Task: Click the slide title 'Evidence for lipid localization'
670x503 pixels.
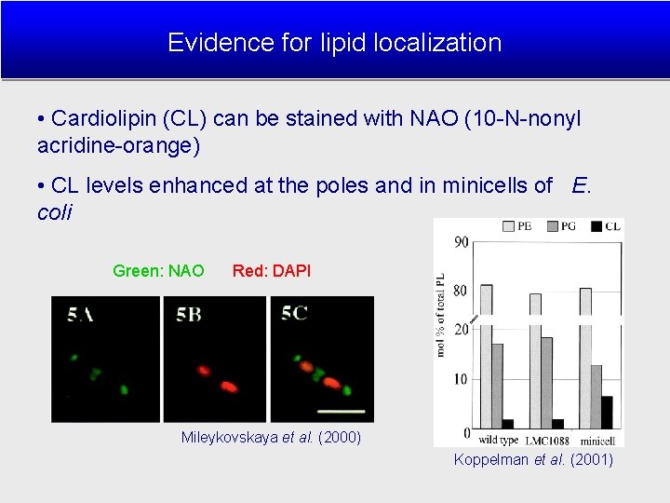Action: click(x=334, y=43)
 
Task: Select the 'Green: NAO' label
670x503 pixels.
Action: click(x=158, y=271)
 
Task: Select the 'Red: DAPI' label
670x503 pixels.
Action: click(x=272, y=271)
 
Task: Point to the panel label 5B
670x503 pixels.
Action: click(x=189, y=315)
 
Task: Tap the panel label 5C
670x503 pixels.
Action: click(x=294, y=314)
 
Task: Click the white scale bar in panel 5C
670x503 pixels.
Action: click(x=342, y=409)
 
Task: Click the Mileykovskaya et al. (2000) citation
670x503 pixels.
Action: click(x=271, y=437)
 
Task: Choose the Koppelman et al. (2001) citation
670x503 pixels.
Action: click(x=533, y=459)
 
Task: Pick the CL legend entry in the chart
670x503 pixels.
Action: click(x=608, y=226)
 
